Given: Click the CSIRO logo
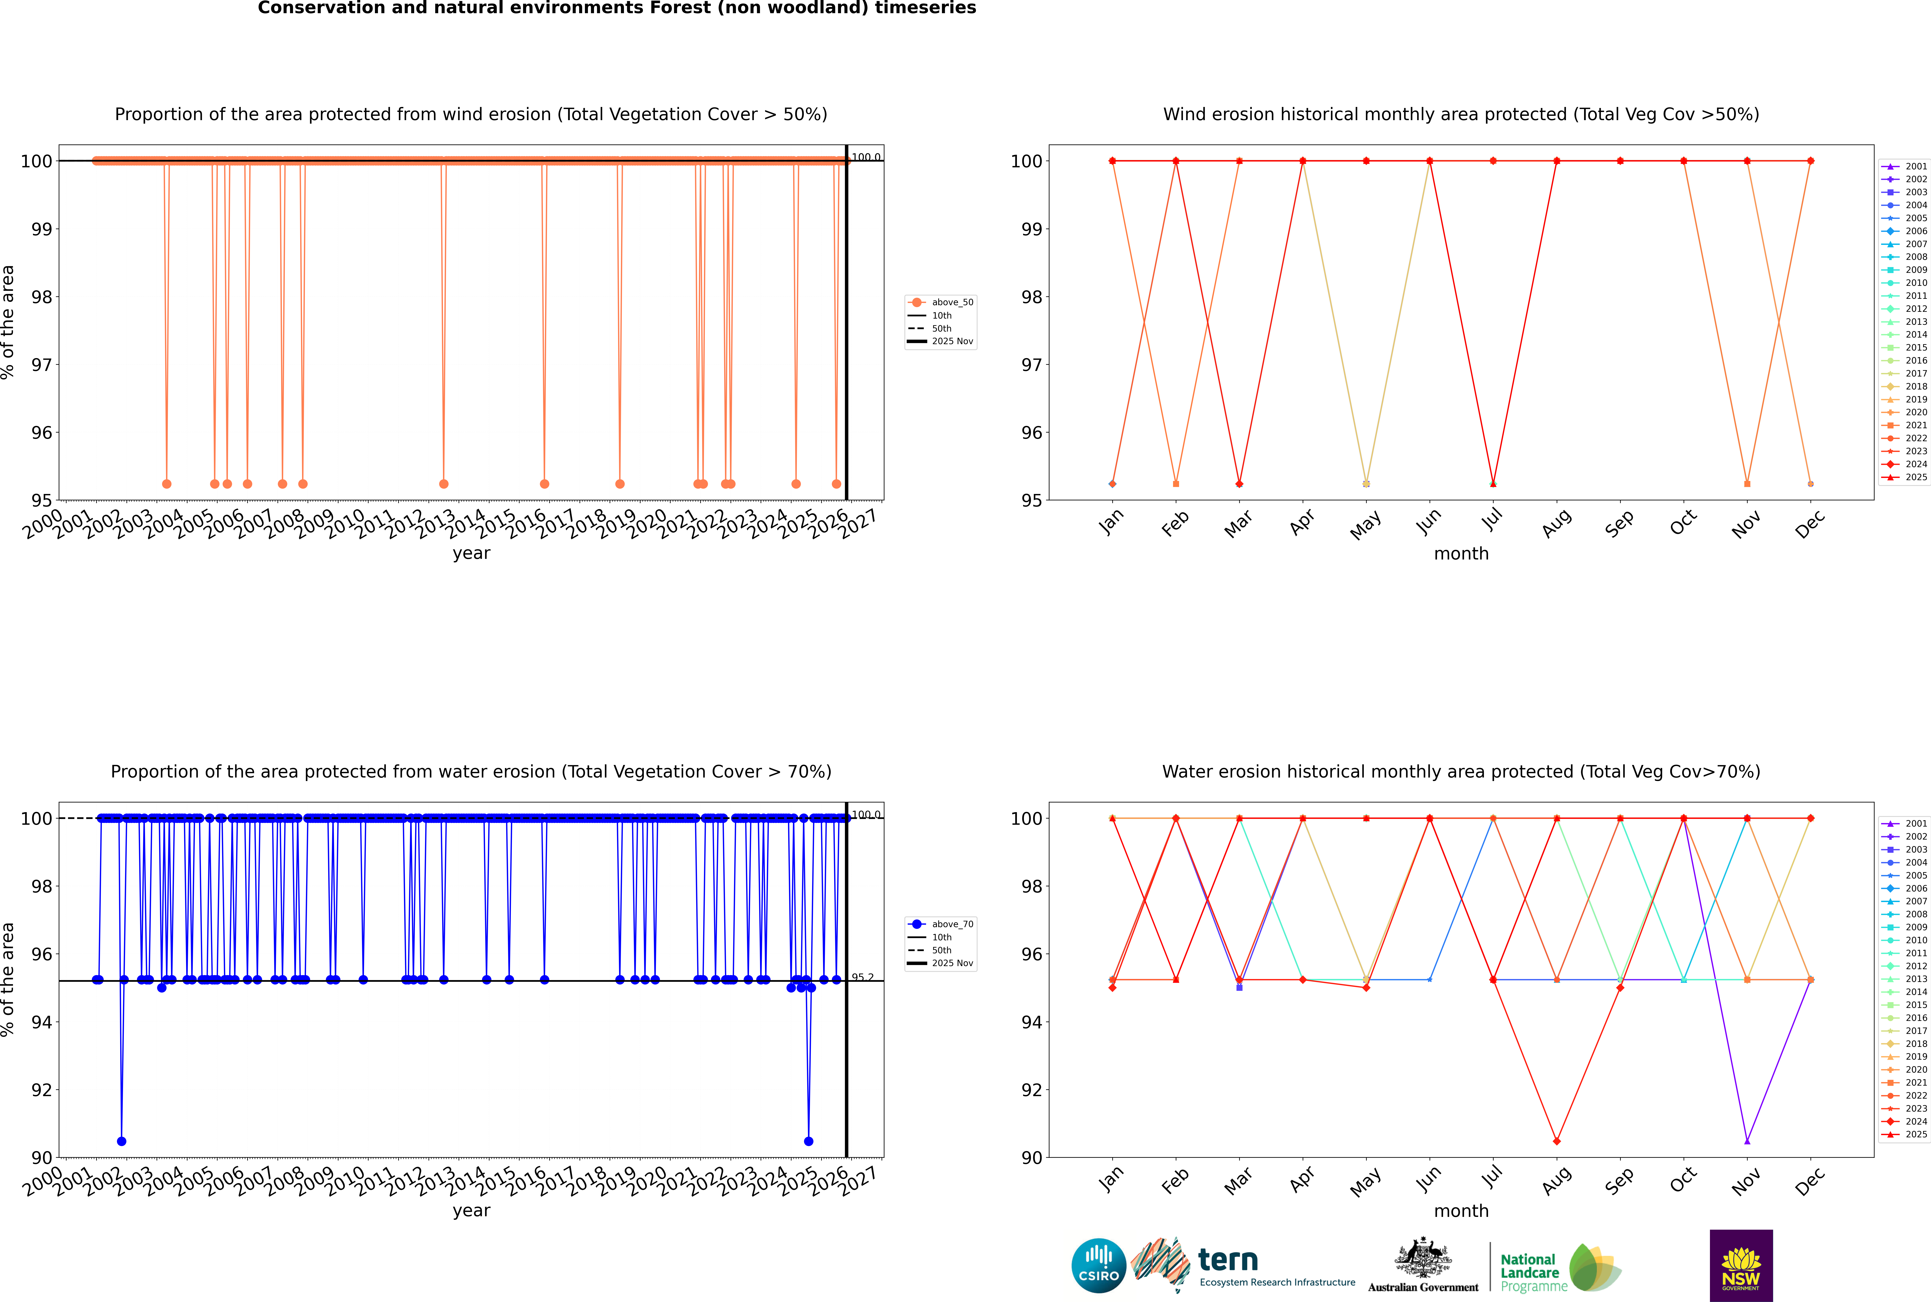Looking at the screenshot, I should pyautogui.click(x=1098, y=1266).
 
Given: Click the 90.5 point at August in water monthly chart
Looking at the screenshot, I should pyautogui.click(x=1557, y=1141).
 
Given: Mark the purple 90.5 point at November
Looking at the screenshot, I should pyautogui.click(x=1747, y=1141).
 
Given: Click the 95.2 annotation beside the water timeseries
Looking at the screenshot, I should pyautogui.click(x=863, y=977).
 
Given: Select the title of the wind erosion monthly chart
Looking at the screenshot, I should pyautogui.click(x=1461, y=115).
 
